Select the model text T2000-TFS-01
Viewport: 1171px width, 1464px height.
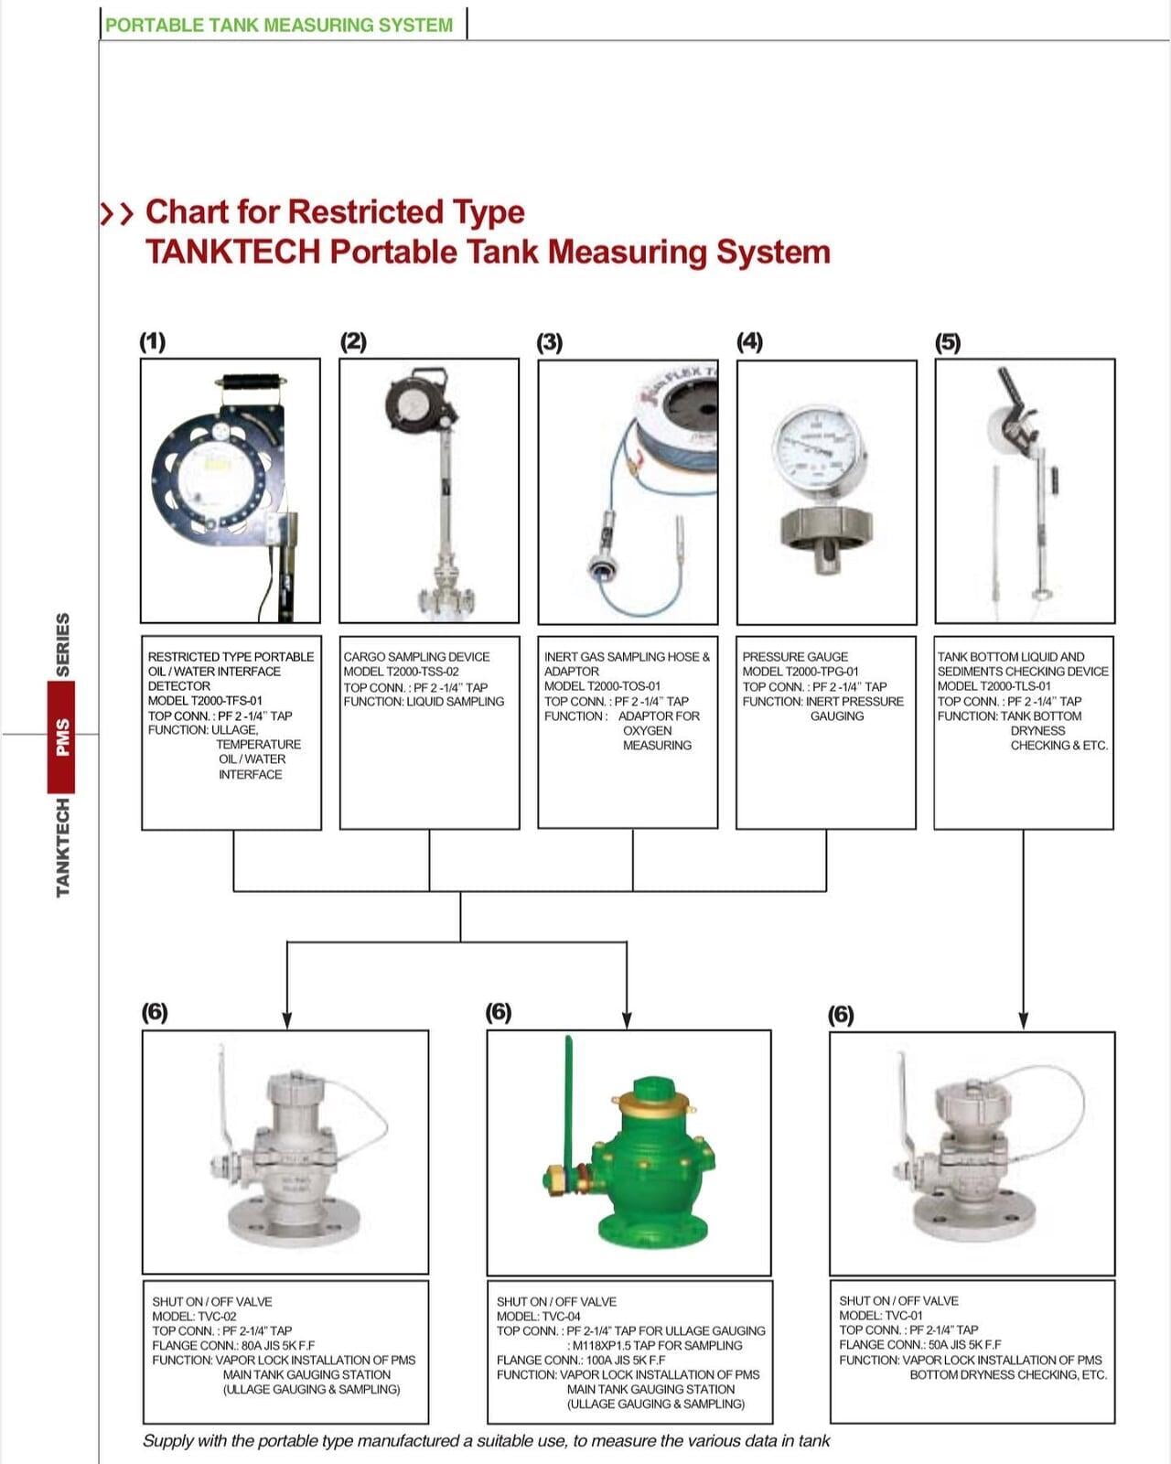point(205,701)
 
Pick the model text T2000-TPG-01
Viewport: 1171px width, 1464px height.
point(800,672)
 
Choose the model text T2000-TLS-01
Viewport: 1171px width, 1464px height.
point(994,686)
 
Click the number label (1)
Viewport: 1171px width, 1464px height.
point(152,341)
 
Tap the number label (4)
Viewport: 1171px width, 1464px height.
point(749,341)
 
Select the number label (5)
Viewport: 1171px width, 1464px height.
point(948,342)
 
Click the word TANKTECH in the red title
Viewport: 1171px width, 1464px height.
point(232,252)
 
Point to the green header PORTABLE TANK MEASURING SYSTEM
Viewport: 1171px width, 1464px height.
point(279,25)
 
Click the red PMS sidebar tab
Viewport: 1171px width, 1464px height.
point(62,737)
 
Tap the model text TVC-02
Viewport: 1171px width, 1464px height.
point(217,1316)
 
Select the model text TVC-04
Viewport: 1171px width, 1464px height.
point(561,1316)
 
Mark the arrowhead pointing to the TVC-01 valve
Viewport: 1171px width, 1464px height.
point(1024,1020)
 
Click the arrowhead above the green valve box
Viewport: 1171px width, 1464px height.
point(627,1019)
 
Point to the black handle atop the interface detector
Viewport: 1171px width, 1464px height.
point(252,382)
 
